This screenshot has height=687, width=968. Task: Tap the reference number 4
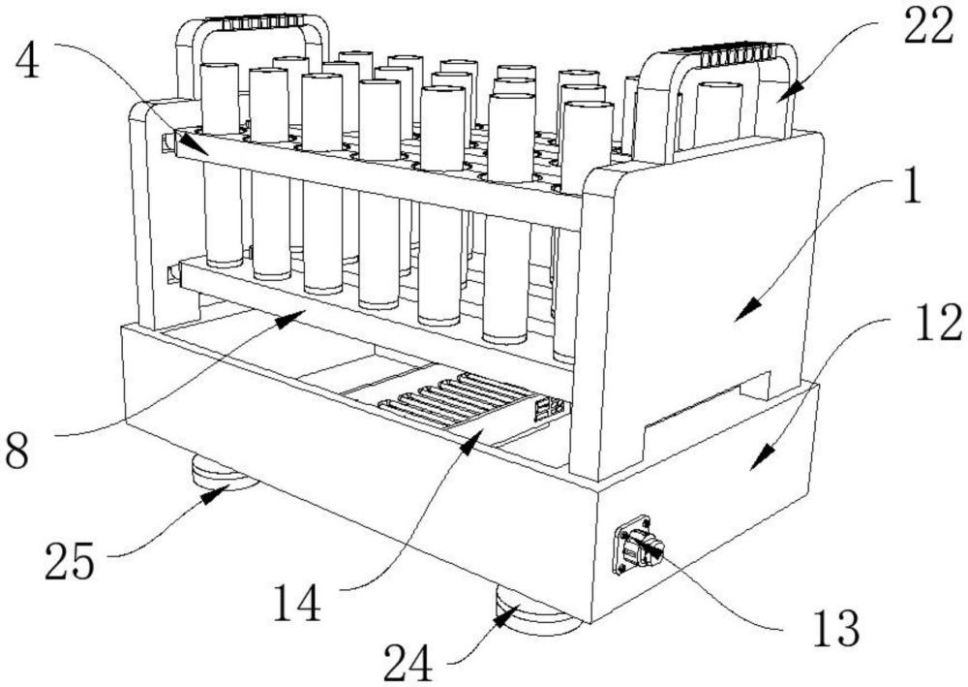click(x=26, y=62)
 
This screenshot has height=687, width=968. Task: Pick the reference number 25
click(x=69, y=561)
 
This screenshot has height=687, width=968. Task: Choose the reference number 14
click(x=297, y=603)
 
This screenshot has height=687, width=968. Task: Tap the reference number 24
click(x=408, y=662)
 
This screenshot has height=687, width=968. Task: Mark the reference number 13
click(x=836, y=628)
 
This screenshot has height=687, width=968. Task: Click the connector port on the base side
click(x=638, y=545)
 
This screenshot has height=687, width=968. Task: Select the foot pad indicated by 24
click(x=536, y=612)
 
